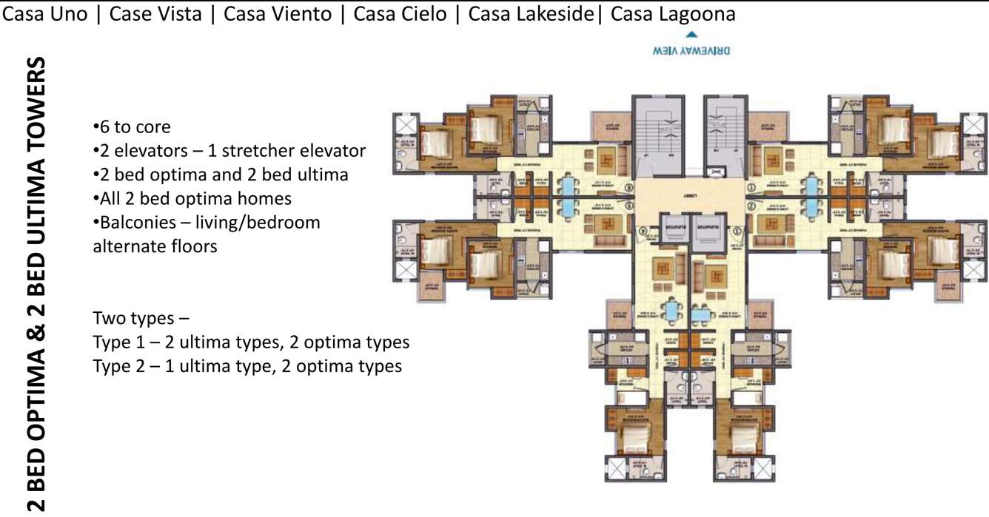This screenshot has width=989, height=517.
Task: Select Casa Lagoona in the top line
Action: [673, 14]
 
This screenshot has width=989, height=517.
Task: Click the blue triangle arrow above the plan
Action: [691, 34]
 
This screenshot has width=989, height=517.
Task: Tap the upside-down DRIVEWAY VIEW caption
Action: [691, 51]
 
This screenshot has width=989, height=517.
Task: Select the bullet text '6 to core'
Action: [134, 126]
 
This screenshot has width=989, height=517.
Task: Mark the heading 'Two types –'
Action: [141, 319]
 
